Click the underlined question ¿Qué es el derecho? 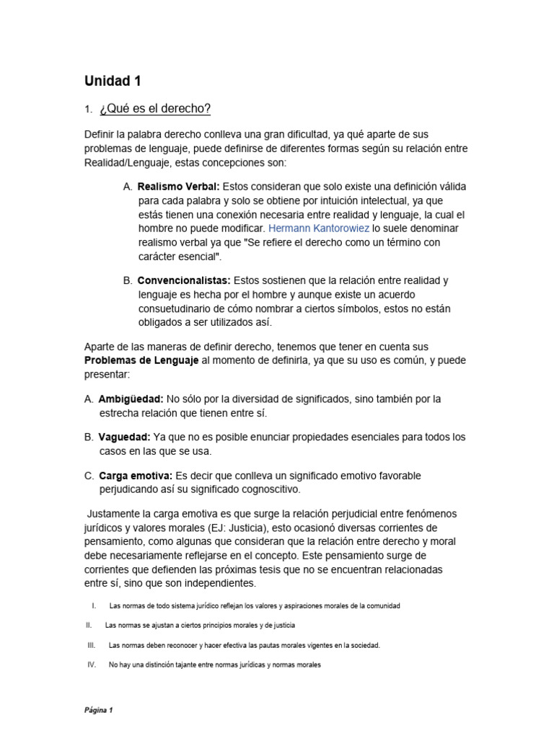[155, 109]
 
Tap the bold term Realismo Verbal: [178, 186]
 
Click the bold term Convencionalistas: [184, 280]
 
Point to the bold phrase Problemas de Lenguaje [141, 360]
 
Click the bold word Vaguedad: [124, 437]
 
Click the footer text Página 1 [99, 710]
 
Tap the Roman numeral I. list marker [93, 606]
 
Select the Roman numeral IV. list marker [91, 664]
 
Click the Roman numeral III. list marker [91, 645]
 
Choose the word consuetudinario [177, 308]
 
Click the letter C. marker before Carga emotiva [89, 476]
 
